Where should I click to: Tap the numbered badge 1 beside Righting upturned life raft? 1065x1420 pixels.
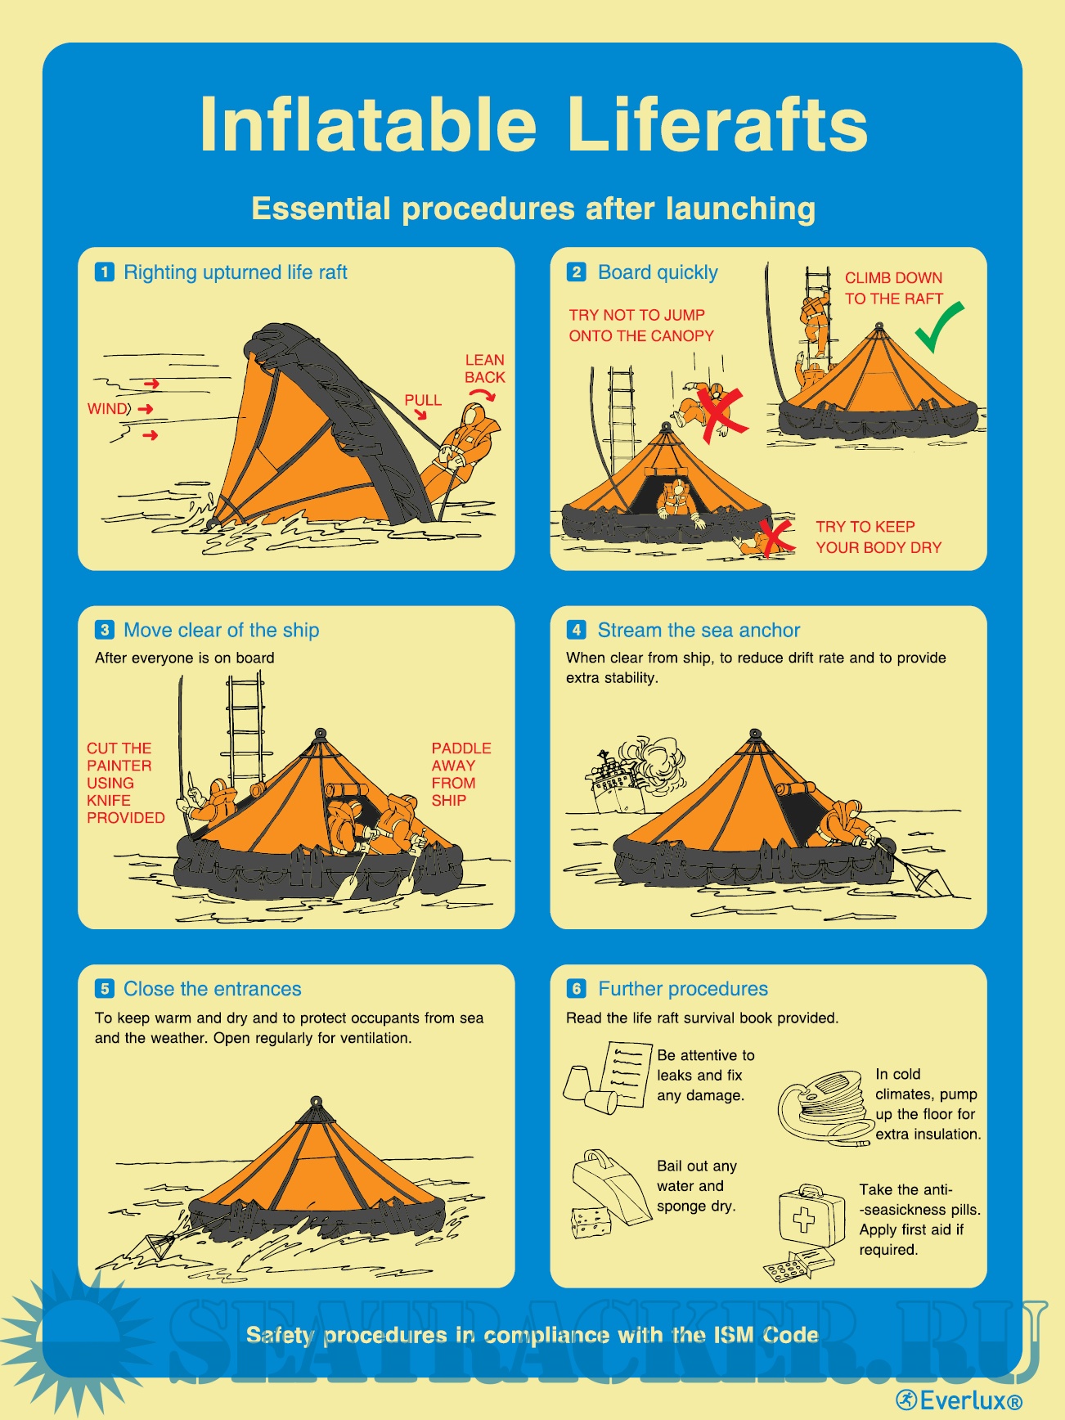pos(105,272)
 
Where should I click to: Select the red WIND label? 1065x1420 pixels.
pos(109,409)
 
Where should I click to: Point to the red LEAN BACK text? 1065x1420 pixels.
pos(485,369)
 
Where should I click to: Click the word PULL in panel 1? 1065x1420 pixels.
pos(423,400)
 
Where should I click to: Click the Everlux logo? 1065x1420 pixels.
pos(959,1400)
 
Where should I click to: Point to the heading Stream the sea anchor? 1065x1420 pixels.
pos(699,630)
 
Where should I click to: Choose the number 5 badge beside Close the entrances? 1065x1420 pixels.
pos(105,989)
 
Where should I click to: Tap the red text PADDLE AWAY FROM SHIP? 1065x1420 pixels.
pos(461,775)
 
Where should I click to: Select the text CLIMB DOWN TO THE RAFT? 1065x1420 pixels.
pos(894,288)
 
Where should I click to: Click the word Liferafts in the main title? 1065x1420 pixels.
pos(717,124)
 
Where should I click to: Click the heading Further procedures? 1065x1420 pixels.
pos(683,989)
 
